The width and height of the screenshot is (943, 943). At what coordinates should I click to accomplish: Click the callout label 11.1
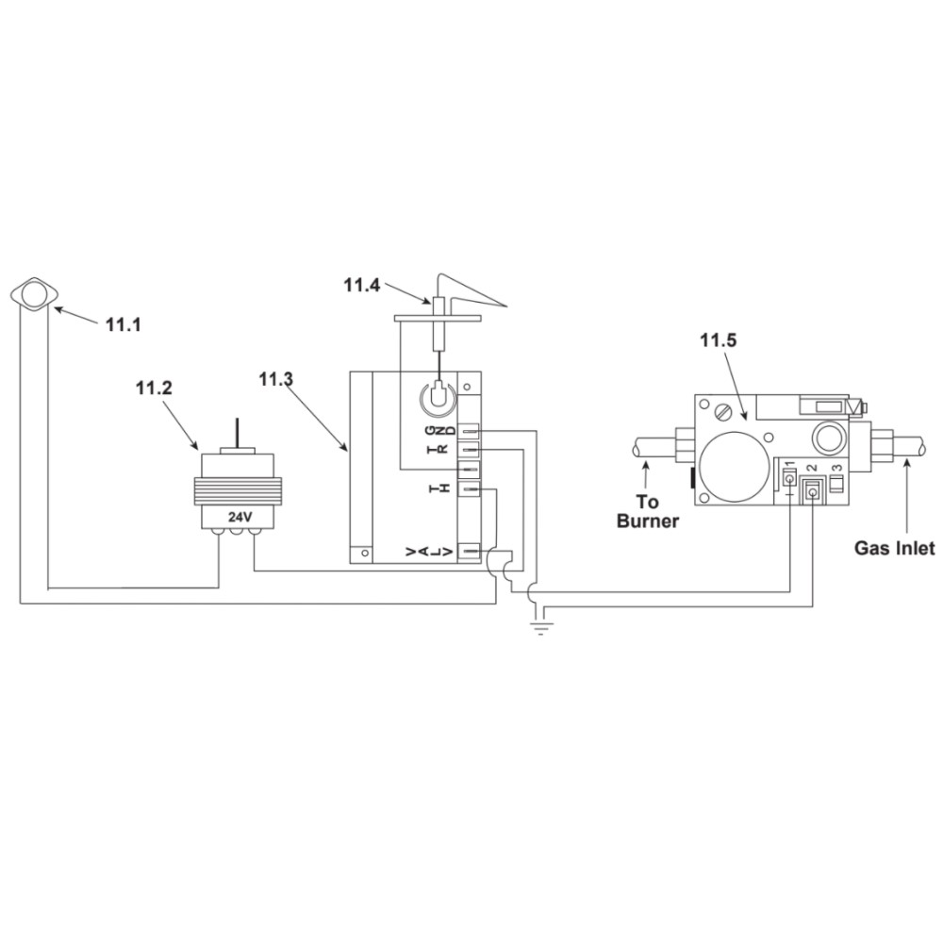pyautogui.click(x=124, y=324)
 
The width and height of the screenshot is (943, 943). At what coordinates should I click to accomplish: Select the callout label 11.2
pyautogui.click(x=154, y=388)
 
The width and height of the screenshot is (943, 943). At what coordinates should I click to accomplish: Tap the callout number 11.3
pyautogui.click(x=276, y=379)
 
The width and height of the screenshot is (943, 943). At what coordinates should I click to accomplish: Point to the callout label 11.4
pyautogui.click(x=362, y=285)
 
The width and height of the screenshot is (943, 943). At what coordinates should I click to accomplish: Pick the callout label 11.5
pyautogui.click(x=718, y=340)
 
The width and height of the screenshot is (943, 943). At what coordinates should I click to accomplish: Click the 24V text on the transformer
pyautogui.click(x=240, y=517)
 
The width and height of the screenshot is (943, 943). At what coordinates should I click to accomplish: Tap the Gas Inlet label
pyautogui.click(x=895, y=549)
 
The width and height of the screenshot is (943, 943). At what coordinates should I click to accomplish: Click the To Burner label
pyautogui.click(x=648, y=511)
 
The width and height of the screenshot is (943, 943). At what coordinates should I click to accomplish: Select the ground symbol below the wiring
pyautogui.click(x=541, y=628)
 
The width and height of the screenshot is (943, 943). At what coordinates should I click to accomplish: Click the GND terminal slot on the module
pyautogui.click(x=469, y=431)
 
